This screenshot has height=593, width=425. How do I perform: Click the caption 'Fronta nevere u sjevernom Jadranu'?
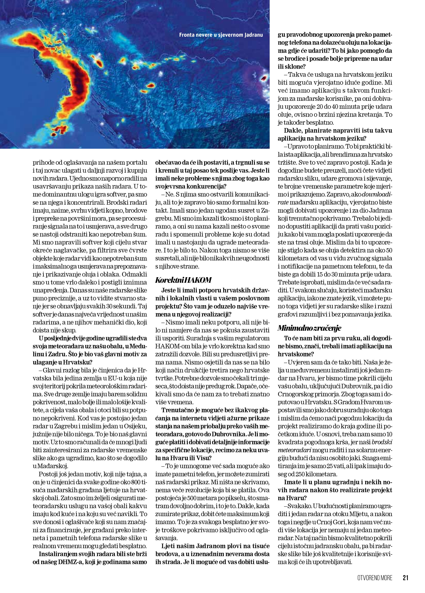click(221, 35)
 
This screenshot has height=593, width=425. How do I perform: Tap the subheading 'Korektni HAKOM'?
click(183, 280)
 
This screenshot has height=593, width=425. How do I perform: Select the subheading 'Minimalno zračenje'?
click(309, 328)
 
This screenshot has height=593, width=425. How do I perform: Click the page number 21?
click(405, 578)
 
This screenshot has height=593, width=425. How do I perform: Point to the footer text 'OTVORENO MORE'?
click(375, 578)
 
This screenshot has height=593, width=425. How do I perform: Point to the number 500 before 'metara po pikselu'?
click(192, 498)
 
